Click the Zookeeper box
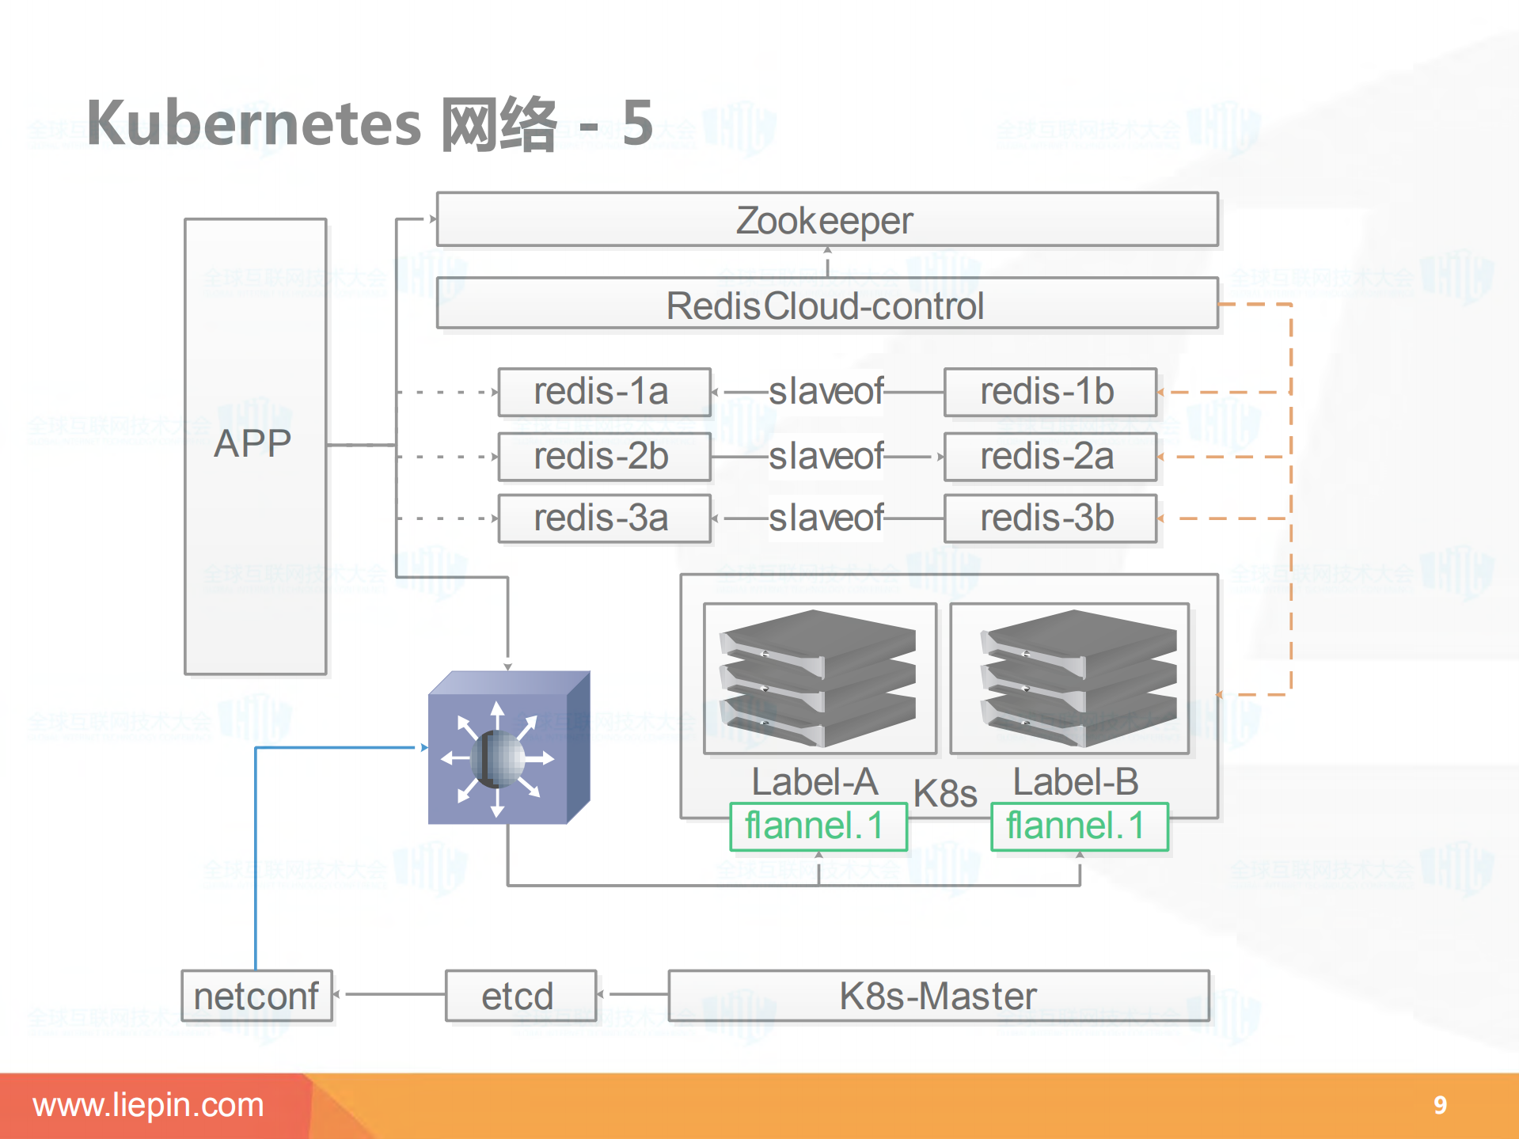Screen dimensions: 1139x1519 (826, 220)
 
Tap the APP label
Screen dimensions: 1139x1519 (253, 443)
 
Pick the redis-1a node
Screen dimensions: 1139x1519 (603, 392)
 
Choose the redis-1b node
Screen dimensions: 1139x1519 (1050, 392)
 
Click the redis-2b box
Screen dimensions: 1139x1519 (603, 457)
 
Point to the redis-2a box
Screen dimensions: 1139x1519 (1050, 457)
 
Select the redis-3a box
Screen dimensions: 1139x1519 (603, 518)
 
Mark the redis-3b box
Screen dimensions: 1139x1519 (1050, 518)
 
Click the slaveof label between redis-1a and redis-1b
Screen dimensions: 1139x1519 (826, 392)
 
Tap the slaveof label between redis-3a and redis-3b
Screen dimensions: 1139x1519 (826, 518)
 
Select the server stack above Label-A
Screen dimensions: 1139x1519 (818, 678)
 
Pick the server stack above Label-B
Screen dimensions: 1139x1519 (1078, 678)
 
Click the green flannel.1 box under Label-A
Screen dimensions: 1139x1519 (818, 826)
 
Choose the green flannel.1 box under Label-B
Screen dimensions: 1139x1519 (1079, 826)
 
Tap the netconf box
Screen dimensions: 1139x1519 (256, 996)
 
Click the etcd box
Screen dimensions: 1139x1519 (520, 996)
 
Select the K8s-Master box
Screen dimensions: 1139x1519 (938, 996)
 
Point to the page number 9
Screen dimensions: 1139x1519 (1440, 1105)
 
